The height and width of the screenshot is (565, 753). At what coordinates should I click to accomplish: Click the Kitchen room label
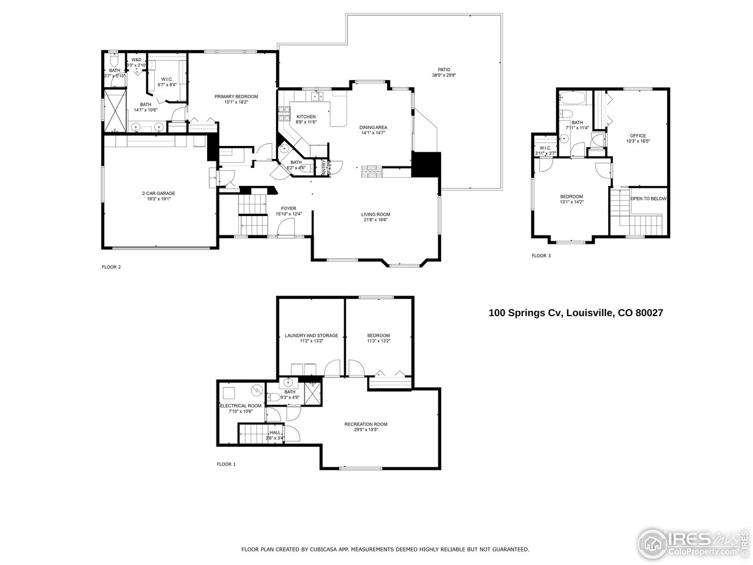point(306,117)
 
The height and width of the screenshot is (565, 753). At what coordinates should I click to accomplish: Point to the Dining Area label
point(374,127)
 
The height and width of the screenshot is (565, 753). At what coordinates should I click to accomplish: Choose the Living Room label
point(375,214)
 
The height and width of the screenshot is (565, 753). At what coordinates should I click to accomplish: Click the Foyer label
point(288,208)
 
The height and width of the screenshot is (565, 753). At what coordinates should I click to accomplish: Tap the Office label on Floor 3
point(638,136)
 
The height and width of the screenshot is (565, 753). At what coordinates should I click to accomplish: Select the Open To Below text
point(648,199)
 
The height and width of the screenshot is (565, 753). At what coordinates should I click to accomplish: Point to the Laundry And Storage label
point(311,335)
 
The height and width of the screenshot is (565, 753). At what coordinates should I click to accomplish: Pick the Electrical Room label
point(241,406)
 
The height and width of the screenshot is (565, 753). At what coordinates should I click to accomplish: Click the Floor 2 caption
point(111,267)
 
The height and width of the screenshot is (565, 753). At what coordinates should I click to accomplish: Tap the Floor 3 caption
point(541,256)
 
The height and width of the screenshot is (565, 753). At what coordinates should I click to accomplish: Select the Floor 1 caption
point(226,464)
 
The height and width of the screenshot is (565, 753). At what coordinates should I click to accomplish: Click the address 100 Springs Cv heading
point(576,313)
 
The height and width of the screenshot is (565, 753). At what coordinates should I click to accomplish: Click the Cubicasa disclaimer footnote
point(385,549)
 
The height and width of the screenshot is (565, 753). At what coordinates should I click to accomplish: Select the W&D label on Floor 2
point(136,59)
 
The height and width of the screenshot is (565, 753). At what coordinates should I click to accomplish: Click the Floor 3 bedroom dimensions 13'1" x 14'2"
point(571,202)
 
